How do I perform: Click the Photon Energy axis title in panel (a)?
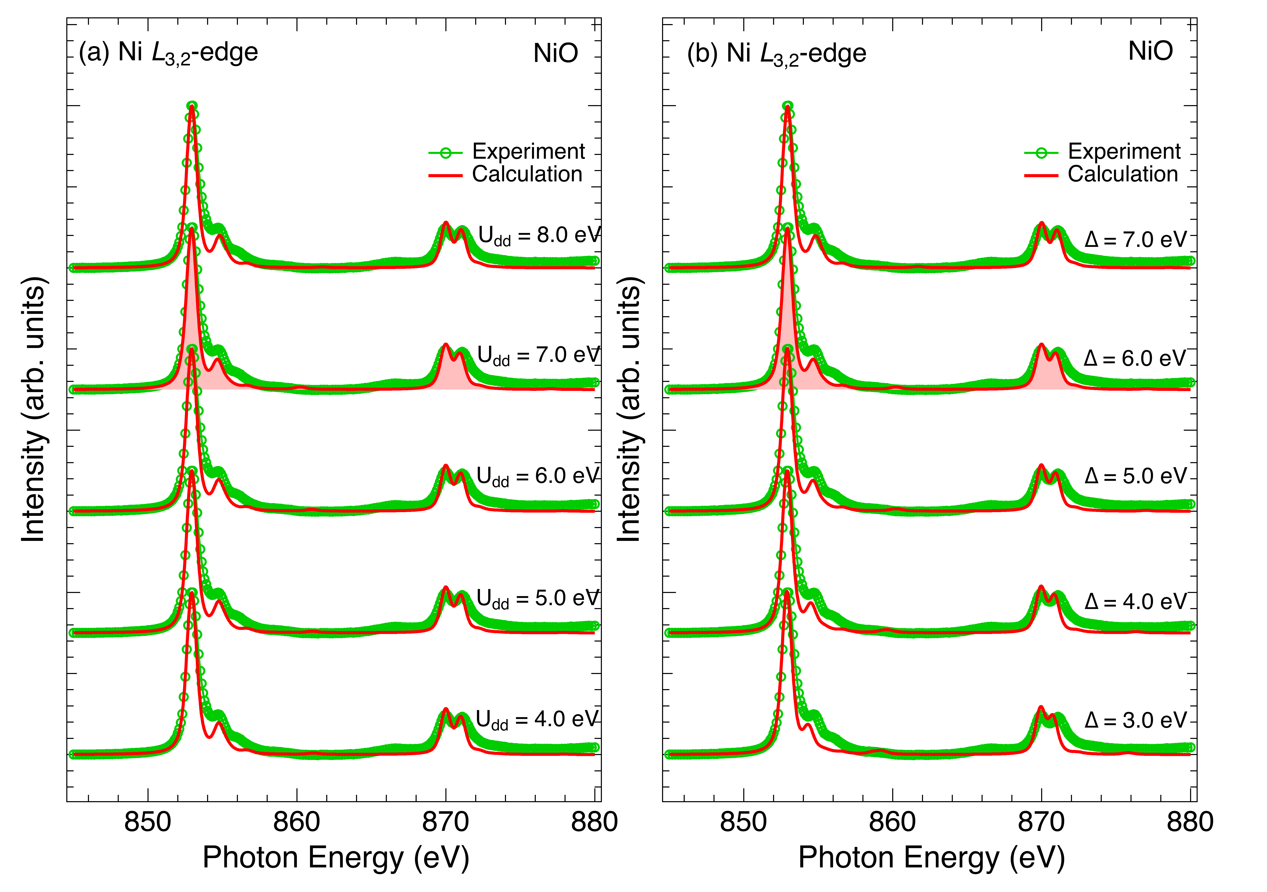[x=335, y=858]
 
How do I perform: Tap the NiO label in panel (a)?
[x=556, y=53]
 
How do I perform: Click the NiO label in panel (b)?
[x=1151, y=51]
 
